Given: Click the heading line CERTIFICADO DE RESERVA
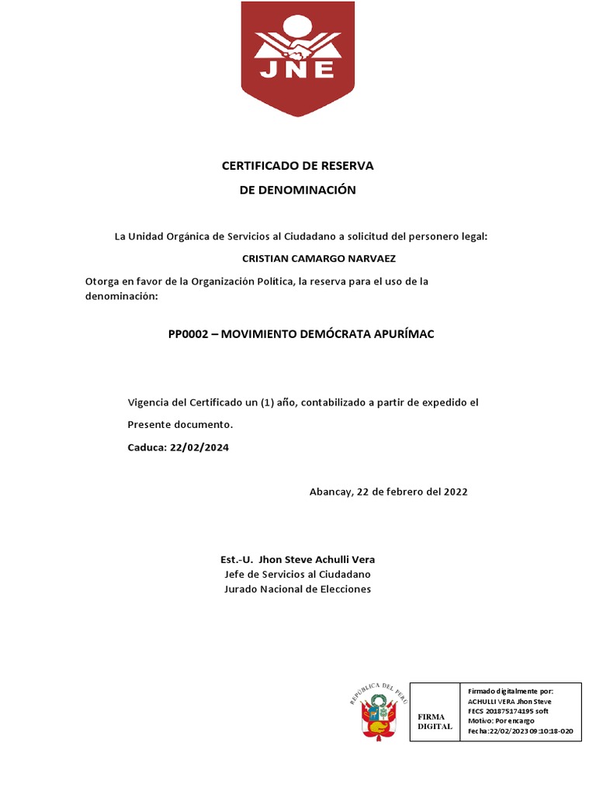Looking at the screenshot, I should pyautogui.click(x=298, y=166).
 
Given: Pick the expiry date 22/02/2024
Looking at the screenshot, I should pyautogui.click(x=199, y=447).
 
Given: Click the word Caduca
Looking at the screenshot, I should pyautogui.click(x=146, y=447).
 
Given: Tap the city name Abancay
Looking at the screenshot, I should pyautogui.click(x=330, y=492).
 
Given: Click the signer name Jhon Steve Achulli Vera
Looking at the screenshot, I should pyautogui.click(x=317, y=559).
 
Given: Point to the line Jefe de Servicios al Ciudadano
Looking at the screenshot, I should pyautogui.click(x=298, y=574).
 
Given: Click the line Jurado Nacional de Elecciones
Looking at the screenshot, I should pyautogui.click(x=298, y=589).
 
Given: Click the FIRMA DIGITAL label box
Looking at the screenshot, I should pyautogui.click(x=435, y=721).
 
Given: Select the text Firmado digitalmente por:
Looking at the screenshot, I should pyautogui.click(x=511, y=690).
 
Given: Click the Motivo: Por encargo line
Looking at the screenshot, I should pyautogui.click(x=501, y=720).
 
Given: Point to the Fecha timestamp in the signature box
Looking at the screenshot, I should pyautogui.click(x=520, y=731).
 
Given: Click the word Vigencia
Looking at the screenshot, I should pyautogui.click(x=150, y=402).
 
